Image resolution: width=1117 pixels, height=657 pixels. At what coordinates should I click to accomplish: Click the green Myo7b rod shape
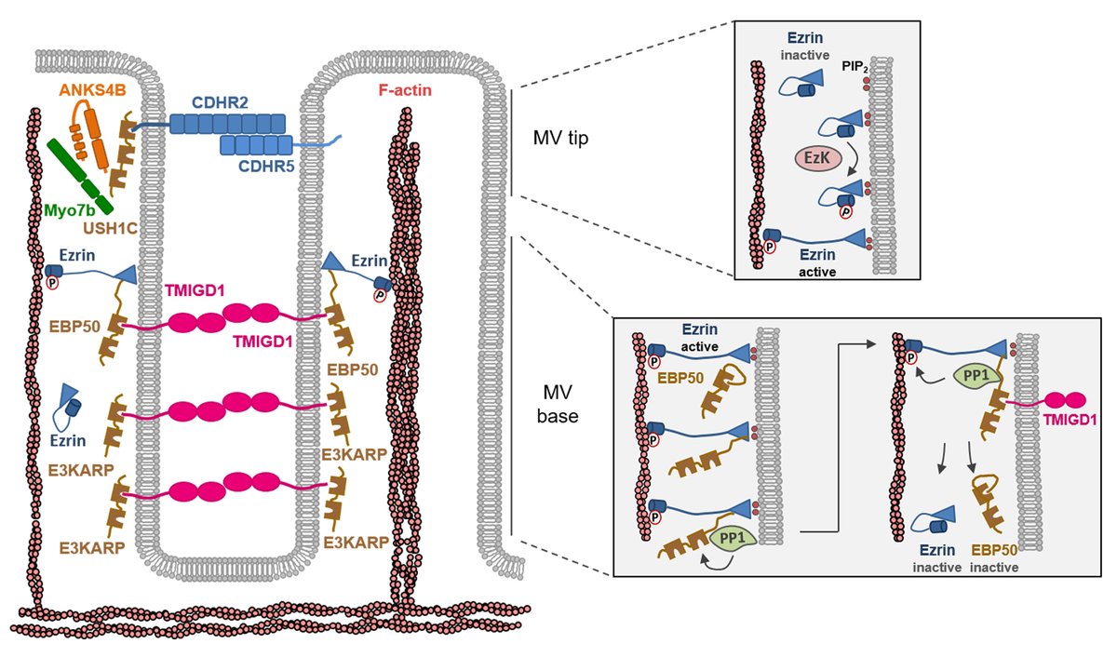[x=78, y=172]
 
